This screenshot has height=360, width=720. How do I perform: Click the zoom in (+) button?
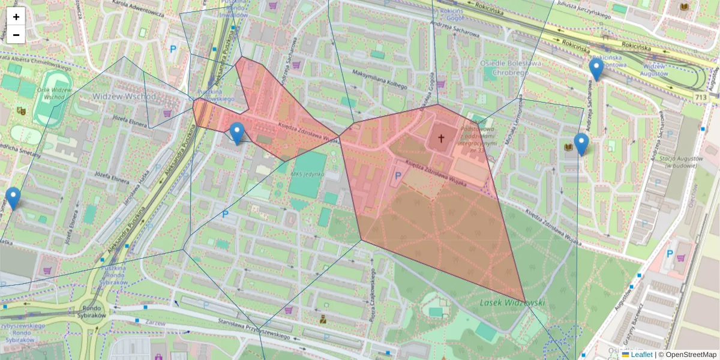16,17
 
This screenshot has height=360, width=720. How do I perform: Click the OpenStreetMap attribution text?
691,355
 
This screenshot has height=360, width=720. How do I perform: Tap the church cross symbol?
441,139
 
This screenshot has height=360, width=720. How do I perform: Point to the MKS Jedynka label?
307,174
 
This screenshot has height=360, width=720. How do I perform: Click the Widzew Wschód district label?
124,96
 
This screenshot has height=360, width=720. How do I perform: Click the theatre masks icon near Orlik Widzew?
21,110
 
